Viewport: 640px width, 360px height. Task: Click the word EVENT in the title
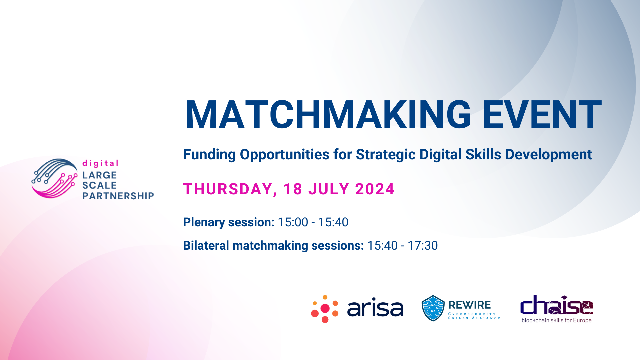(542, 115)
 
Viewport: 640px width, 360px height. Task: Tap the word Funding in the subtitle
(210, 155)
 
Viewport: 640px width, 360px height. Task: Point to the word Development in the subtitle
(548, 155)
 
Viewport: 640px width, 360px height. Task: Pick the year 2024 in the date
(375, 189)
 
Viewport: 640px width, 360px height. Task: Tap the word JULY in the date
(328, 189)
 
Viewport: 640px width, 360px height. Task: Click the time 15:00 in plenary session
(293, 222)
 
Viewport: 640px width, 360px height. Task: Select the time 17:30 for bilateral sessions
(423, 246)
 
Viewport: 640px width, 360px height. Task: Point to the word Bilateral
(206, 246)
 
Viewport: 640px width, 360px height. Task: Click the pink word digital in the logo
(100, 163)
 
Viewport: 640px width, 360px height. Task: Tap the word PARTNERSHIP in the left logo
(118, 196)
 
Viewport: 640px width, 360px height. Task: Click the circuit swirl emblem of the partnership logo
(54, 178)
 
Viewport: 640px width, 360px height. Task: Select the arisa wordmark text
(375, 308)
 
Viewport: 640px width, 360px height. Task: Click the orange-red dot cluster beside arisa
(325, 309)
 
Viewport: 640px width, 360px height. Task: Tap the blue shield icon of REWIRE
(433, 308)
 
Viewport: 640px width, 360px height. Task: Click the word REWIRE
(469, 305)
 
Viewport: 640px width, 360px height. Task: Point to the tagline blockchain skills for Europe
(556, 320)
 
